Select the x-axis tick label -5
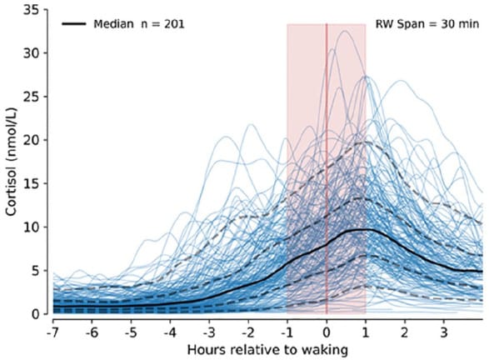pos(130,329)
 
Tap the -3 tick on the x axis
pos(208,329)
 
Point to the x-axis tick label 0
pos(327,329)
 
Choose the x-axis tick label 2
pos(404,329)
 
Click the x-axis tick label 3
pos(443,329)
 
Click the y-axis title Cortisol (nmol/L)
pos(12,167)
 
